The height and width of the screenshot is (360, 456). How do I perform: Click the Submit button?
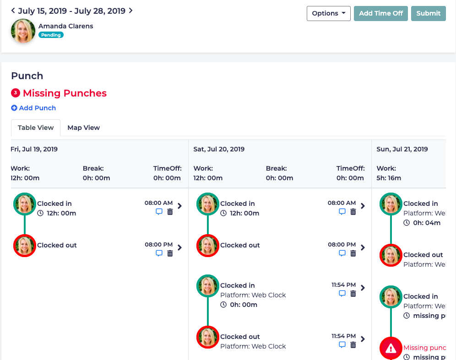click(x=428, y=13)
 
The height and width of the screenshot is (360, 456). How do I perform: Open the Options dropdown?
click(x=328, y=13)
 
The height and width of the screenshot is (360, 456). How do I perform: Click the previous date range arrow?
click(x=13, y=11)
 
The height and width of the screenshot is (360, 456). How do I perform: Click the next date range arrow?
click(x=131, y=11)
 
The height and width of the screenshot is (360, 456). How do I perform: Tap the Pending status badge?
click(x=51, y=35)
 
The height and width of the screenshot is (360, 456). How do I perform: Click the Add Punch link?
click(x=33, y=108)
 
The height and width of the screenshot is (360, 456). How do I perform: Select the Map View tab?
click(x=83, y=128)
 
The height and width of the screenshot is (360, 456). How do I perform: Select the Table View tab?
click(x=36, y=128)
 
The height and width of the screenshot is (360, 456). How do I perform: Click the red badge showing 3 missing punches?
click(x=16, y=93)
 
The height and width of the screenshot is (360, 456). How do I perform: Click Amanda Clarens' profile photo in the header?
click(x=23, y=31)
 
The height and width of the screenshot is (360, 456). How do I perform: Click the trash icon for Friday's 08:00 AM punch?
click(x=170, y=212)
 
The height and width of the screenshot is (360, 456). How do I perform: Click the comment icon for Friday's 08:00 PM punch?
click(x=159, y=253)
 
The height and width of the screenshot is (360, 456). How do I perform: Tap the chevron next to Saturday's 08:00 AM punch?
click(x=363, y=206)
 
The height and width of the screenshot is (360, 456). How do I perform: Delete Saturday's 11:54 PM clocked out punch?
click(x=353, y=345)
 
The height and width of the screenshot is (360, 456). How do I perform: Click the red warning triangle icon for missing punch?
click(x=391, y=349)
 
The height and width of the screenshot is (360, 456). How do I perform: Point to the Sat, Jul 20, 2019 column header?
click(x=219, y=149)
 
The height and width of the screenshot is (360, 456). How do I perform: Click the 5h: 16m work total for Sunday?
click(x=389, y=177)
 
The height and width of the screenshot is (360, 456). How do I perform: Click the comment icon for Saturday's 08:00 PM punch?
click(x=342, y=253)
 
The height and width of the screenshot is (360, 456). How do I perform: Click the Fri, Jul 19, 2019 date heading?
click(x=34, y=149)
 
